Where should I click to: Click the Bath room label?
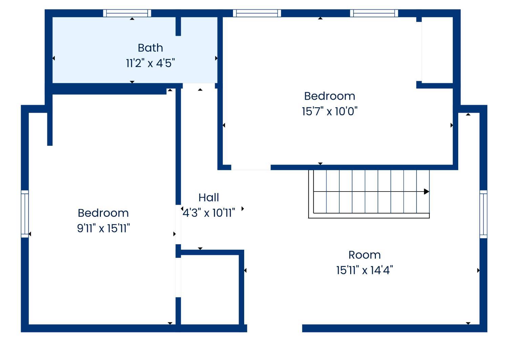coord(150,48)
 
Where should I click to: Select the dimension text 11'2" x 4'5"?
coord(150,63)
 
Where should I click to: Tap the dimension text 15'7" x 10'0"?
coord(330,111)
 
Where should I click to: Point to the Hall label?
coord(209,198)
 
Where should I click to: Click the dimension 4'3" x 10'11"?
coord(209,213)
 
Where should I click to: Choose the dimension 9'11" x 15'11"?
coord(103,228)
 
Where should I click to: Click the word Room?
coord(364,255)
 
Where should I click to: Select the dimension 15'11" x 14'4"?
coord(364,270)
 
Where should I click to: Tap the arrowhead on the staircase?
coord(426,192)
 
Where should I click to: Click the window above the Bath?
coord(127,13)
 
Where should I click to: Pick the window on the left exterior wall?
coord(25,214)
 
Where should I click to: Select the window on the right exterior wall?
coord(483,214)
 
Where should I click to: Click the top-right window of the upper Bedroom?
coord(374,13)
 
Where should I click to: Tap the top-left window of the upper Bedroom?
coord(257,13)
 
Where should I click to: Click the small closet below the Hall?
coord(210,290)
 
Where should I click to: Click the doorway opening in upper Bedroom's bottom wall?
coord(251,167)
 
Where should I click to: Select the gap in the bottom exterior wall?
coord(274,328)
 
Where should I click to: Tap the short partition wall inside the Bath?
coord(178,26)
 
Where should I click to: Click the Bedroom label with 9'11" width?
coord(103,213)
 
